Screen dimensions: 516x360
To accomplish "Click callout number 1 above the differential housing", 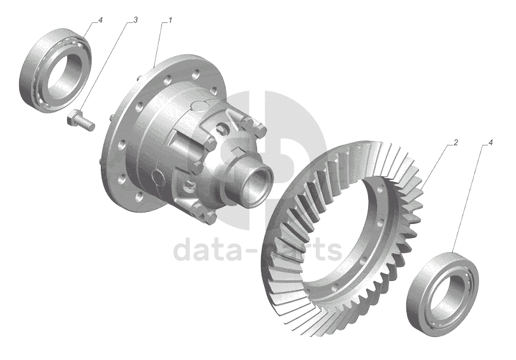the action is tap(170, 20).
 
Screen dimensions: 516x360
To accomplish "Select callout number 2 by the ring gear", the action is tap(456, 142).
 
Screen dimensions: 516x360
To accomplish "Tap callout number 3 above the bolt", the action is tap(135, 20).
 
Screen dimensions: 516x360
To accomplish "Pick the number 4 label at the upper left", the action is tap(100, 20).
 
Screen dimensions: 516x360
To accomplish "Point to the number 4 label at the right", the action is tap(490, 142).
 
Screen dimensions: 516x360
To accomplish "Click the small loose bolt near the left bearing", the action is tap(80, 121).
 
